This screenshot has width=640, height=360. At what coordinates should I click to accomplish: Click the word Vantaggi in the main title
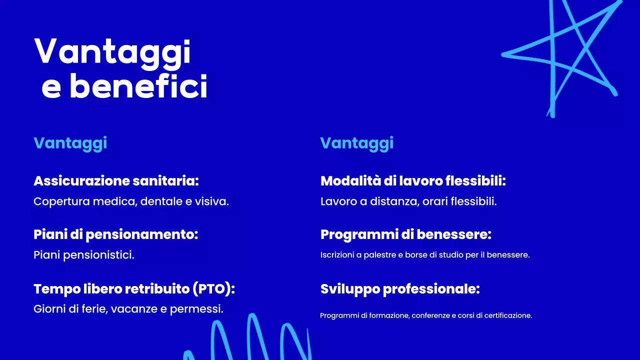click(x=112, y=52)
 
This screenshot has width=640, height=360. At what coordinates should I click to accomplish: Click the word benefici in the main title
click(x=138, y=87)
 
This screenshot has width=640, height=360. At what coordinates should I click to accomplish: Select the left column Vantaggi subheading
click(x=70, y=143)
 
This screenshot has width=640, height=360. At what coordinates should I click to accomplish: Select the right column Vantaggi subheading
click(x=357, y=143)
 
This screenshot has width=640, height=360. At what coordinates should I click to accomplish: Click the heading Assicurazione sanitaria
click(x=116, y=181)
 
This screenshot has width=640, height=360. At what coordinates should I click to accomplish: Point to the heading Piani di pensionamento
click(x=116, y=234)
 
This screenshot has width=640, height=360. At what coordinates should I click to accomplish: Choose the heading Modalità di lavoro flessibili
click(x=413, y=181)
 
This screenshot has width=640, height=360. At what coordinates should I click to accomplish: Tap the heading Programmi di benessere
click(x=406, y=234)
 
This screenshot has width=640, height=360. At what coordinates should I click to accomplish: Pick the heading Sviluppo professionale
click(x=400, y=289)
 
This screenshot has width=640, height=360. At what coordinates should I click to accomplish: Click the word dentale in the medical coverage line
click(x=159, y=201)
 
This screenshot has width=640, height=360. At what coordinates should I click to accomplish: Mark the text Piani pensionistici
click(x=84, y=255)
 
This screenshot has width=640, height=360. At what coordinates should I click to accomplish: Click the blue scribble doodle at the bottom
click(x=250, y=337)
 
